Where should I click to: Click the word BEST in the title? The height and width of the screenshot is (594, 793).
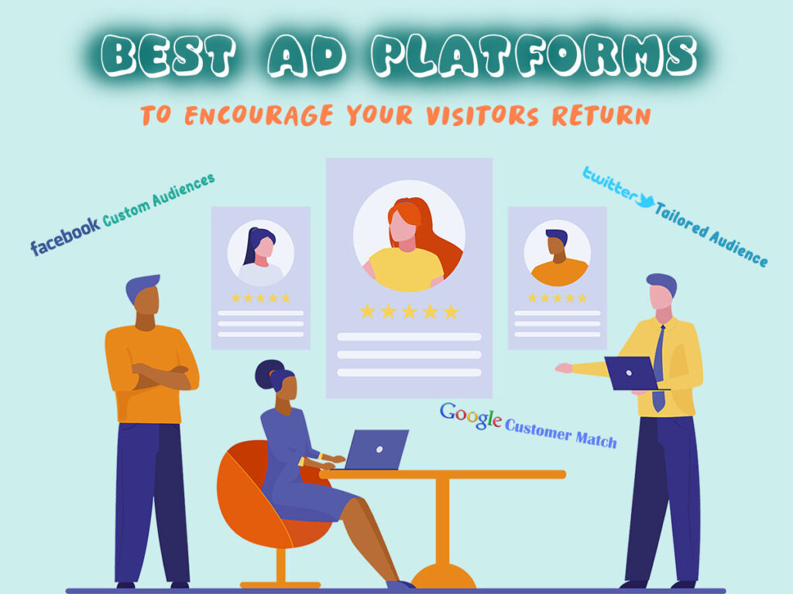tap(168, 56)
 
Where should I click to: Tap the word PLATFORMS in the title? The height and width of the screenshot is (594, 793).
tap(534, 55)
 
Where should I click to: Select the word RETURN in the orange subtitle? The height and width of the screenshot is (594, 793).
tap(601, 115)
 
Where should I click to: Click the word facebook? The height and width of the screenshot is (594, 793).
tap(65, 236)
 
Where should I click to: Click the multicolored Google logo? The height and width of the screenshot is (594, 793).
tap(470, 415)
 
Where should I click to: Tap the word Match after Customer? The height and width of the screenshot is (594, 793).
tap(596, 439)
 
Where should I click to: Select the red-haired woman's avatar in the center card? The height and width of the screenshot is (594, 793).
tap(409, 236)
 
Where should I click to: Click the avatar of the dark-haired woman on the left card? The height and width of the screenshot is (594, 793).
tap(260, 253)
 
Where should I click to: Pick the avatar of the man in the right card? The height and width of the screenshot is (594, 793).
tap(557, 253)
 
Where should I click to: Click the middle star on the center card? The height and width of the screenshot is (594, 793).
tap(409, 311)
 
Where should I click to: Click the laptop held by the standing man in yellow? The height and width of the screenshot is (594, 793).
tap(633, 374)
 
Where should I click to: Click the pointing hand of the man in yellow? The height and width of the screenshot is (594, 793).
tap(563, 367)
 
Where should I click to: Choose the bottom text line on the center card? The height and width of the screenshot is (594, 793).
tap(409, 373)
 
